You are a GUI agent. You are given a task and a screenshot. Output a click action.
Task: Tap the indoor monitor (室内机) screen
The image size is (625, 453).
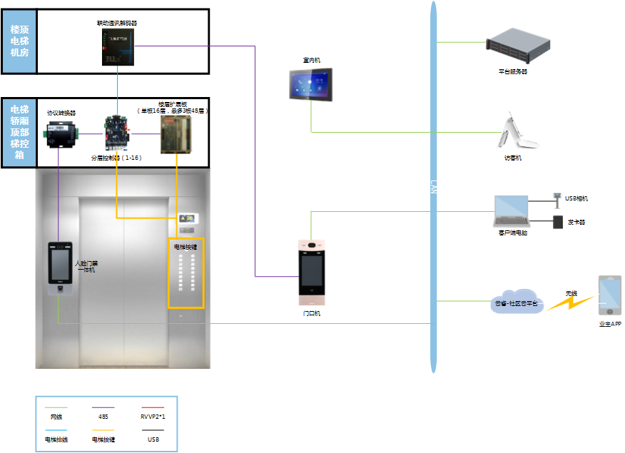pyautogui.click(x=312, y=86)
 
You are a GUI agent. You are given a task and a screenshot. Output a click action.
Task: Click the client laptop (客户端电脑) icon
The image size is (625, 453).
pyautogui.click(x=512, y=212)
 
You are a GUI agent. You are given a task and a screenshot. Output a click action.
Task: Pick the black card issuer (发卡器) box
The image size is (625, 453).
pyautogui.click(x=558, y=222)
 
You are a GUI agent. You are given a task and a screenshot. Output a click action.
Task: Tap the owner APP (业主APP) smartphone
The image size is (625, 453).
pyautogui.click(x=609, y=295)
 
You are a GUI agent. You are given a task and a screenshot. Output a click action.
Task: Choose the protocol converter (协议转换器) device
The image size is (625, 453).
pyautogui.click(x=61, y=133)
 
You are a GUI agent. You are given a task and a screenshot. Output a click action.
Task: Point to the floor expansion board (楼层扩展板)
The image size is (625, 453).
pyautogui.click(x=175, y=133)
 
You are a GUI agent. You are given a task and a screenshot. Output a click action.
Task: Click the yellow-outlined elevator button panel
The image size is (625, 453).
pyautogui.click(x=186, y=273)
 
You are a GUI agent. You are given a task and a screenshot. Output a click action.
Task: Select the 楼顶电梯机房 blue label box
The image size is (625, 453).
pyautogui.click(x=19, y=41)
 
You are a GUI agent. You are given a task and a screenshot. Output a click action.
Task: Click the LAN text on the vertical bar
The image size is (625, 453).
pyautogui.click(x=433, y=187)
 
